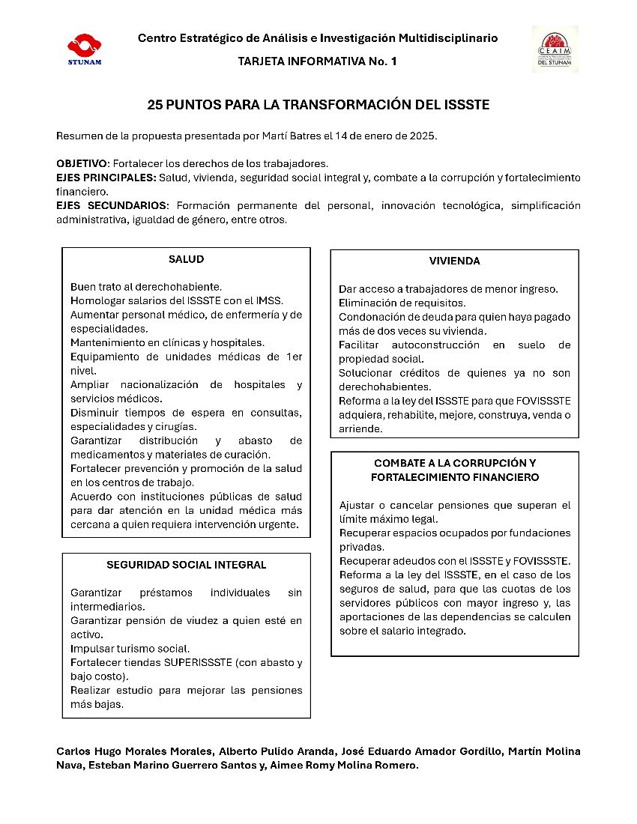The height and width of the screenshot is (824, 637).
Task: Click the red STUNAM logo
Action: (84, 48)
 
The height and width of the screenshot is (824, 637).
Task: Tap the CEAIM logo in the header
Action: (555, 49)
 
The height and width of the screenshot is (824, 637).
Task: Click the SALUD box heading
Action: (186, 260)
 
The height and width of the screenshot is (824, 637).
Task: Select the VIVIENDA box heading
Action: (454, 261)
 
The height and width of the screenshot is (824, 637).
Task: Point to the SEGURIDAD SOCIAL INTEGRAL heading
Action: (186, 565)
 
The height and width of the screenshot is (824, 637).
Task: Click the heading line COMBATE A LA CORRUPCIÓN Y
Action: (454, 463)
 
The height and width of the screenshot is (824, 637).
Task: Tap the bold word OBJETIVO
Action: (82, 163)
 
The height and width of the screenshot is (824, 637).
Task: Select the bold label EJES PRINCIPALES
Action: (106, 178)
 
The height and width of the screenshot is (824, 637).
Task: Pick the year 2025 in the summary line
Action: (422, 136)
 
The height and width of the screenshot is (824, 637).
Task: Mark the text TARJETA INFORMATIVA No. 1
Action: (317, 61)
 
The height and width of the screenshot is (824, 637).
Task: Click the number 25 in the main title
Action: (154, 105)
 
